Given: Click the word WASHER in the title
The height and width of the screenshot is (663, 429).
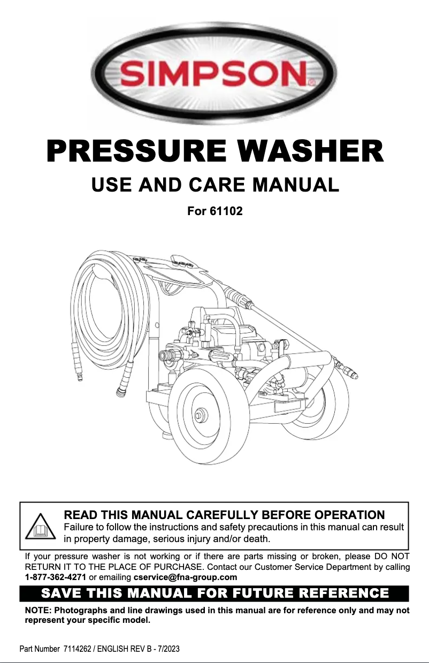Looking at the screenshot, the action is point(311,151).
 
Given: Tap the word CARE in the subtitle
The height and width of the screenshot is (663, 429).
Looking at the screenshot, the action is point(217,185).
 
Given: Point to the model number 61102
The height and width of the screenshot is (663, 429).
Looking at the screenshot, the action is point(226,211).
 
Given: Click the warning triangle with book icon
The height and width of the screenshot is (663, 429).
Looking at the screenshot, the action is point(41,526).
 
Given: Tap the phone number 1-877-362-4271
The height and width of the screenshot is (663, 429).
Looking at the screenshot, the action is point(56,577).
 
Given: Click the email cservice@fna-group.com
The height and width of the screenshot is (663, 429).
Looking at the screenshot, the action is point(185,577).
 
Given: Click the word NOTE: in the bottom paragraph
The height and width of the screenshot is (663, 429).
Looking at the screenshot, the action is point(37,611).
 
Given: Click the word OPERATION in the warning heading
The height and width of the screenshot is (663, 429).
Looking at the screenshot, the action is point(349,515).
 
